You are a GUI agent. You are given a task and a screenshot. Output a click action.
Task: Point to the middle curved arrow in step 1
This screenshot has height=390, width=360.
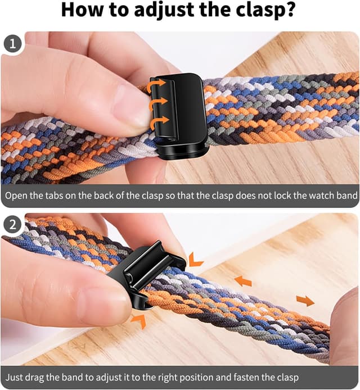point(160,102)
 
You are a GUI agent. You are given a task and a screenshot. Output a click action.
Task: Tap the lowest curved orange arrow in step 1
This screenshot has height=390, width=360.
point(160,120)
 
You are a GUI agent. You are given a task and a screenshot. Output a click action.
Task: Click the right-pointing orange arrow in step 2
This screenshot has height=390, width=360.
point(305,301)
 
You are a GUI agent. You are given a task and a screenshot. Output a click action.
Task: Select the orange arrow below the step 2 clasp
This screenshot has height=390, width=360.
point(139,320)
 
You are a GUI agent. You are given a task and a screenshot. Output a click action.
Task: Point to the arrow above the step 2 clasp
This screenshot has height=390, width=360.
point(196,259)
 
